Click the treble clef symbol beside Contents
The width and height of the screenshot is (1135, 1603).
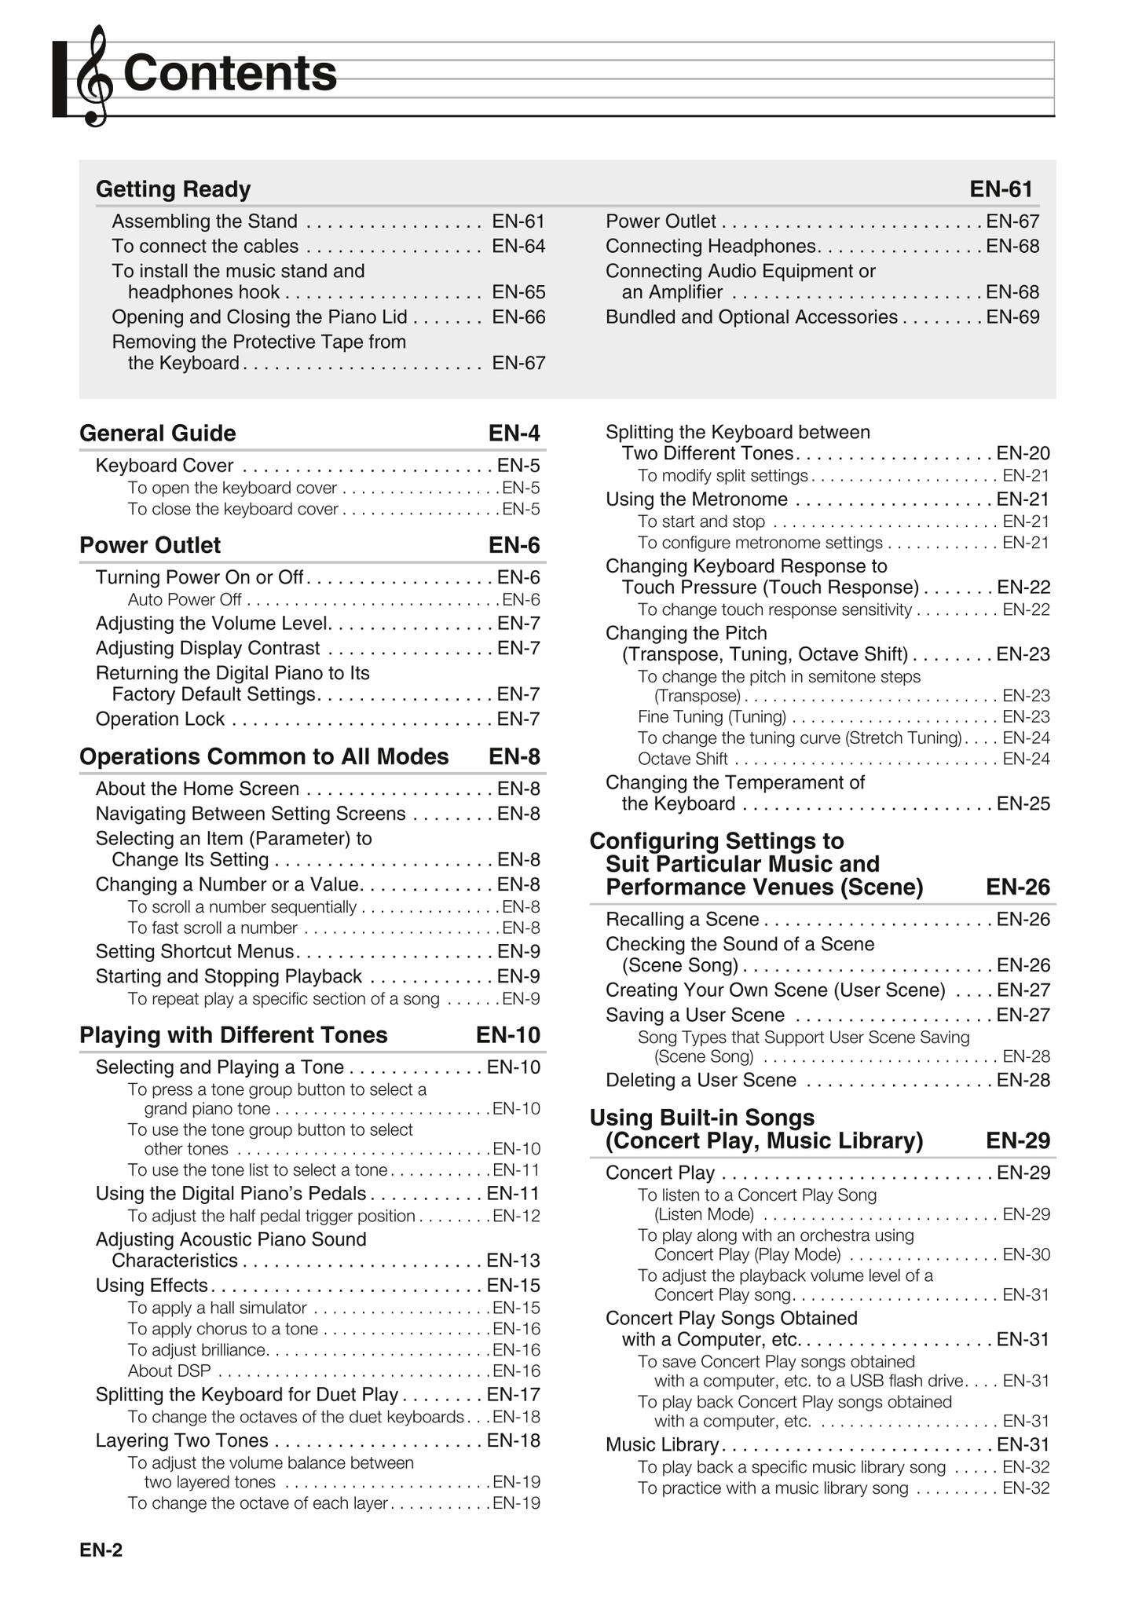coord(94,75)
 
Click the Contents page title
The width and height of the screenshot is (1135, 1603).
coord(229,73)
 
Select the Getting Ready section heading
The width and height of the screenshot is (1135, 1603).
coord(173,189)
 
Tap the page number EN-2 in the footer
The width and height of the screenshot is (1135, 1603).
coord(101,1550)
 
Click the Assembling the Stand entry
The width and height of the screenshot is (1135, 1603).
coord(204,221)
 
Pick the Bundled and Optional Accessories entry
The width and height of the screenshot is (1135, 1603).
coord(751,317)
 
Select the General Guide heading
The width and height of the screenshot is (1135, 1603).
coord(157,434)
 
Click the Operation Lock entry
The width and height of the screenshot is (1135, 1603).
coord(160,719)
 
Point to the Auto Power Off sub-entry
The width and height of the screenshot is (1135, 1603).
coord(185,600)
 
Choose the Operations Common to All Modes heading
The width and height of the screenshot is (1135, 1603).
coord(264,756)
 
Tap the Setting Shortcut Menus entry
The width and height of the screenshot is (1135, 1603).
coord(195,952)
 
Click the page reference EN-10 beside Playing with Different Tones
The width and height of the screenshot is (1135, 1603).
coord(508,1035)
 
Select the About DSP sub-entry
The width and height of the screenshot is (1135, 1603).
coord(170,1371)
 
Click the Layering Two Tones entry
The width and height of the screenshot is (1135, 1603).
coord(182,1440)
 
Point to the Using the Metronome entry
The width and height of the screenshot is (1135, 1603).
coord(696,500)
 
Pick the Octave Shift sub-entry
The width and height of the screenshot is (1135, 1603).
coord(683,759)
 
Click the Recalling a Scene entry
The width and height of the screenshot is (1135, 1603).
coord(682,920)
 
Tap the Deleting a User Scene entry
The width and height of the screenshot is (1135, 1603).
coord(701,1081)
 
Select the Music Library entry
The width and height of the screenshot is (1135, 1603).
coord(662,1445)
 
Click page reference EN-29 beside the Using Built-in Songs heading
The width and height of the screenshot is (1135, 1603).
coord(1018,1140)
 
